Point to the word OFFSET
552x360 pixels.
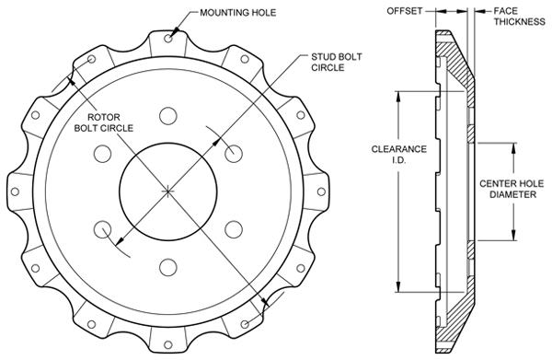click(405, 11)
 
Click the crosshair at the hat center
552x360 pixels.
click(167, 190)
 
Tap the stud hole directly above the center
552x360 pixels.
click(167, 115)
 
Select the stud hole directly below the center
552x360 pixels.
click(167, 267)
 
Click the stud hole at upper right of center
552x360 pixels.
click(233, 152)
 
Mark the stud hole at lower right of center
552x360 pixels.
click(233, 228)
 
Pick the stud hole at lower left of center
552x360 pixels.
click(102, 228)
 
